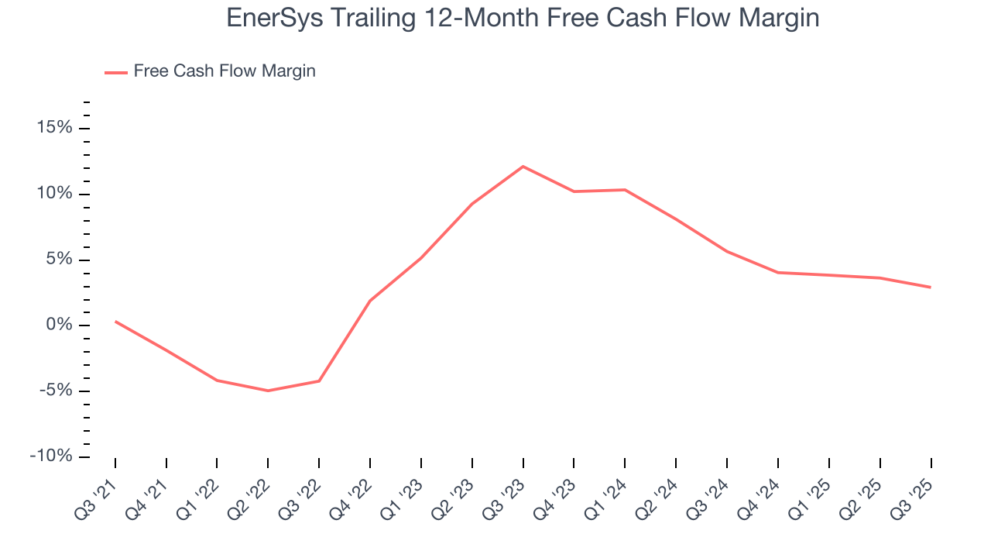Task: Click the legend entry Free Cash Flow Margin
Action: (225, 71)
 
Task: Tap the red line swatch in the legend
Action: (116, 72)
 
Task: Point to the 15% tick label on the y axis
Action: (55, 128)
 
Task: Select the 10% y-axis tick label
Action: (55, 194)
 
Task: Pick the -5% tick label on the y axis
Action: (56, 391)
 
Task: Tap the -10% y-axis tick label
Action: (52, 456)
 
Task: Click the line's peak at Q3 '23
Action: (523, 166)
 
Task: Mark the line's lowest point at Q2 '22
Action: (268, 391)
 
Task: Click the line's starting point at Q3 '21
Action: (115, 321)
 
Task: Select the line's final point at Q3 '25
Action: (931, 288)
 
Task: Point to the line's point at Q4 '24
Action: (778, 272)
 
